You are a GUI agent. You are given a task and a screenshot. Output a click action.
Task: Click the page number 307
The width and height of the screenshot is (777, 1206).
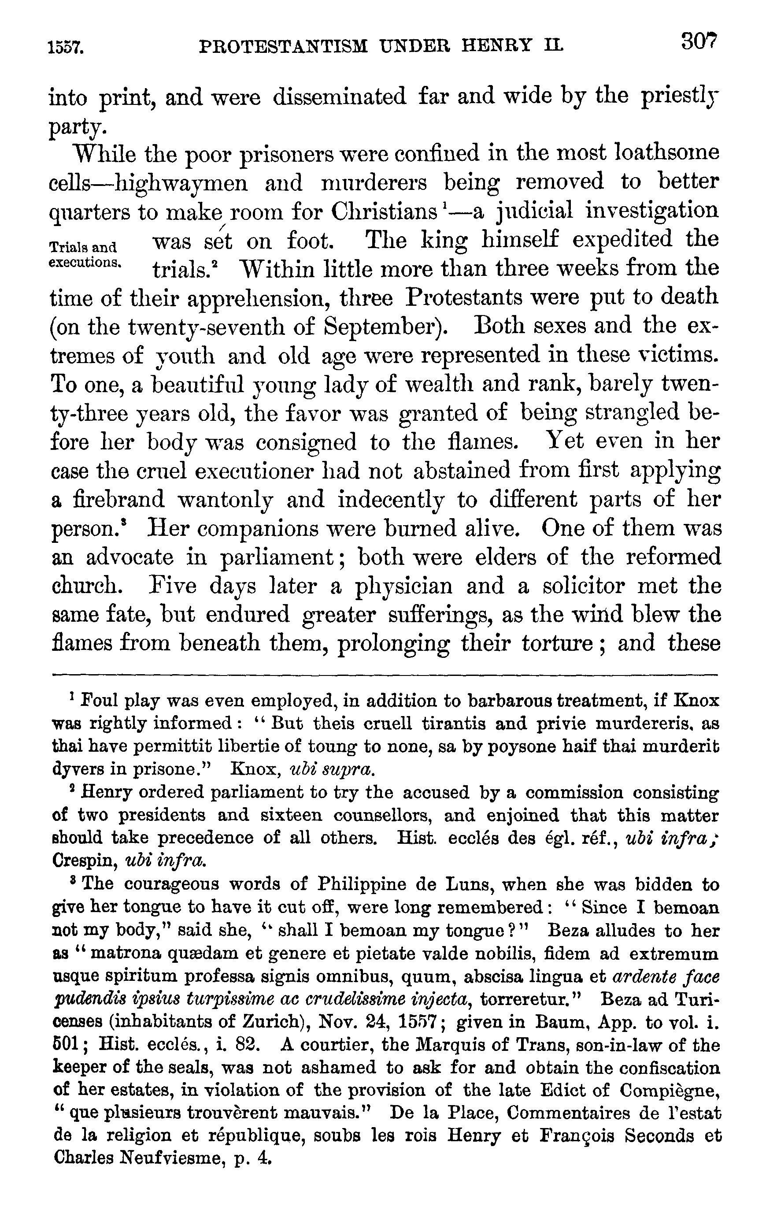click(698, 41)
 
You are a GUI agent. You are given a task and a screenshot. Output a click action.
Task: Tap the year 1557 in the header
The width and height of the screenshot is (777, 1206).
click(66, 48)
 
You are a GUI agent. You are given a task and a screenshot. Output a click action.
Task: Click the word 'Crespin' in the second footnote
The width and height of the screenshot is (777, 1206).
click(85, 861)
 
